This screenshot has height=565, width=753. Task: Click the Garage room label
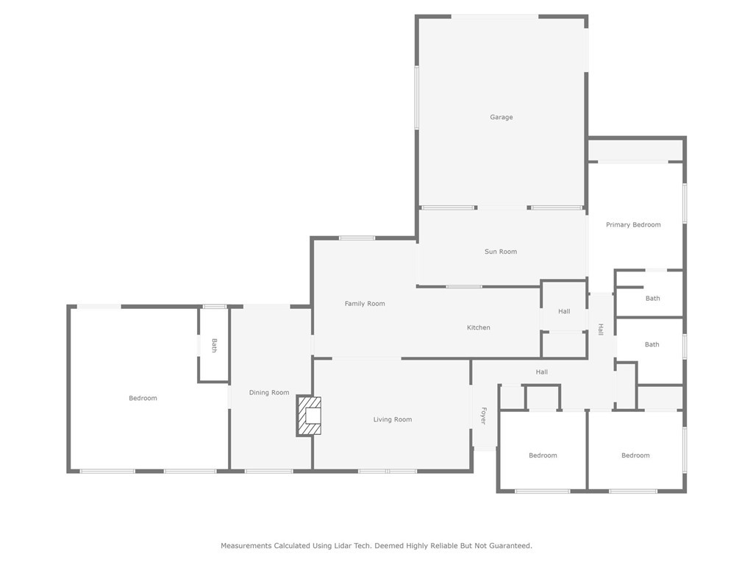point(502,117)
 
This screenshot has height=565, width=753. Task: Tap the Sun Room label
point(501,252)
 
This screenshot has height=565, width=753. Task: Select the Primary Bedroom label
point(633,225)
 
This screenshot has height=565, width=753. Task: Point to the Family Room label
point(365,304)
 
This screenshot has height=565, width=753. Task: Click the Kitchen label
point(479,327)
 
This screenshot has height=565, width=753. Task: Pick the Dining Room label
point(269,393)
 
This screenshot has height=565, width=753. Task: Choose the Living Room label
point(393,419)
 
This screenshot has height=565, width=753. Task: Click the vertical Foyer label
point(483,416)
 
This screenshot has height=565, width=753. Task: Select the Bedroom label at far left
point(143,398)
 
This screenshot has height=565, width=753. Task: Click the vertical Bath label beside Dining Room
point(214,345)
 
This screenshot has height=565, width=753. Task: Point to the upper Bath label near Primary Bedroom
point(653,299)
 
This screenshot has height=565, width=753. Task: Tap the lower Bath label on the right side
point(652,344)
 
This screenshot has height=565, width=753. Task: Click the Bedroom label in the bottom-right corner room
point(635,455)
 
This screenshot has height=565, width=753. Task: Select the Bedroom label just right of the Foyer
point(543,455)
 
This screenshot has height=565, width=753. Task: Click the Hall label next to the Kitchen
point(564,311)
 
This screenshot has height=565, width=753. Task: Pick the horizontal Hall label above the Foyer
point(542,372)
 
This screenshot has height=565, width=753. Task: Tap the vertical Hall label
point(601,330)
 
